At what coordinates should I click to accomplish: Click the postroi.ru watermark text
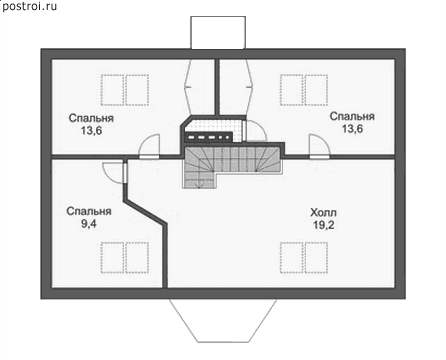pyautogui.click(x=29, y=6)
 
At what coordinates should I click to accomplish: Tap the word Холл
pyautogui.click(x=323, y=212)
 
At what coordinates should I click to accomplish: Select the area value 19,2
pyautogui.click(x=323, y=225)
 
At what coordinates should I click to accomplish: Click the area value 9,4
pyautogui.click(x=89, y=223)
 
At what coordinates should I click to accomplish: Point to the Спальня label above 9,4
pyautogui.click(x=89, y=211)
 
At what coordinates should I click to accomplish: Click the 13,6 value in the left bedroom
pyautogui.click(x=91, y=130)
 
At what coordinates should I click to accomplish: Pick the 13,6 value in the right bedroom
pyautogui.click(x=352, y=129)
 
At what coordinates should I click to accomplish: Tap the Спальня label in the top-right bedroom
pyautogui.click(x=352, y=116)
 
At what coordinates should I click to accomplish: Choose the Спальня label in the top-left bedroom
pyautogui.click(x=91, y=118)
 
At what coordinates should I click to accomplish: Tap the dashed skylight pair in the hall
pyautogui.click(x=304, y=258)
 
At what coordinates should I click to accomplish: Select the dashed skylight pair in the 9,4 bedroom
pyautogui.click(x=125, y=258)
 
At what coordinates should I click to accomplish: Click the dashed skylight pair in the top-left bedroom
pyautogui.click(x=125, y=90)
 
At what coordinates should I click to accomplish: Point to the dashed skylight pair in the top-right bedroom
pyautogui.click(x=304, y=90)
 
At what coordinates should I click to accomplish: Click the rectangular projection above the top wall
pyautogui.click(x=218, y=32)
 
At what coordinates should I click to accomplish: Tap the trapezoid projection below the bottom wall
pyautogui.click(x=223, y=320)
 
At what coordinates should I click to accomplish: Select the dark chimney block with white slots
pyautogui.click(x=209, y=137)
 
